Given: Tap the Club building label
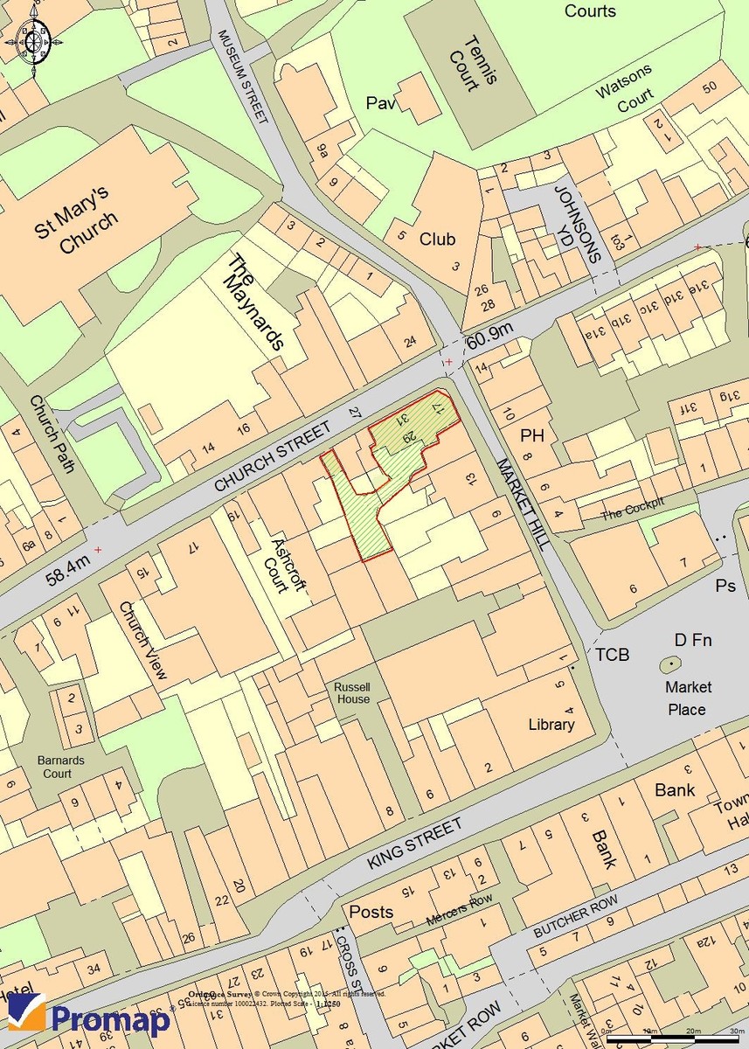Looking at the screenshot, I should click(x=437, y=240).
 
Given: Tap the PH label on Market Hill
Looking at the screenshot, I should click(x=532, y=435).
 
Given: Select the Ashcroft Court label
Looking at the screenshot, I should click(x=285, y=564).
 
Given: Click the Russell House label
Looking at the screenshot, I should click(x=351, y=693).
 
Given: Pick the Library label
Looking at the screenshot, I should click(x=551, y=725).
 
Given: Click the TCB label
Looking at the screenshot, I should click(x=613, y=655).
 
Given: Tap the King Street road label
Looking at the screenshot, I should click(x=413, y=844).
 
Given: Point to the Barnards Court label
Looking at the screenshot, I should click(x=60, y=767).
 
